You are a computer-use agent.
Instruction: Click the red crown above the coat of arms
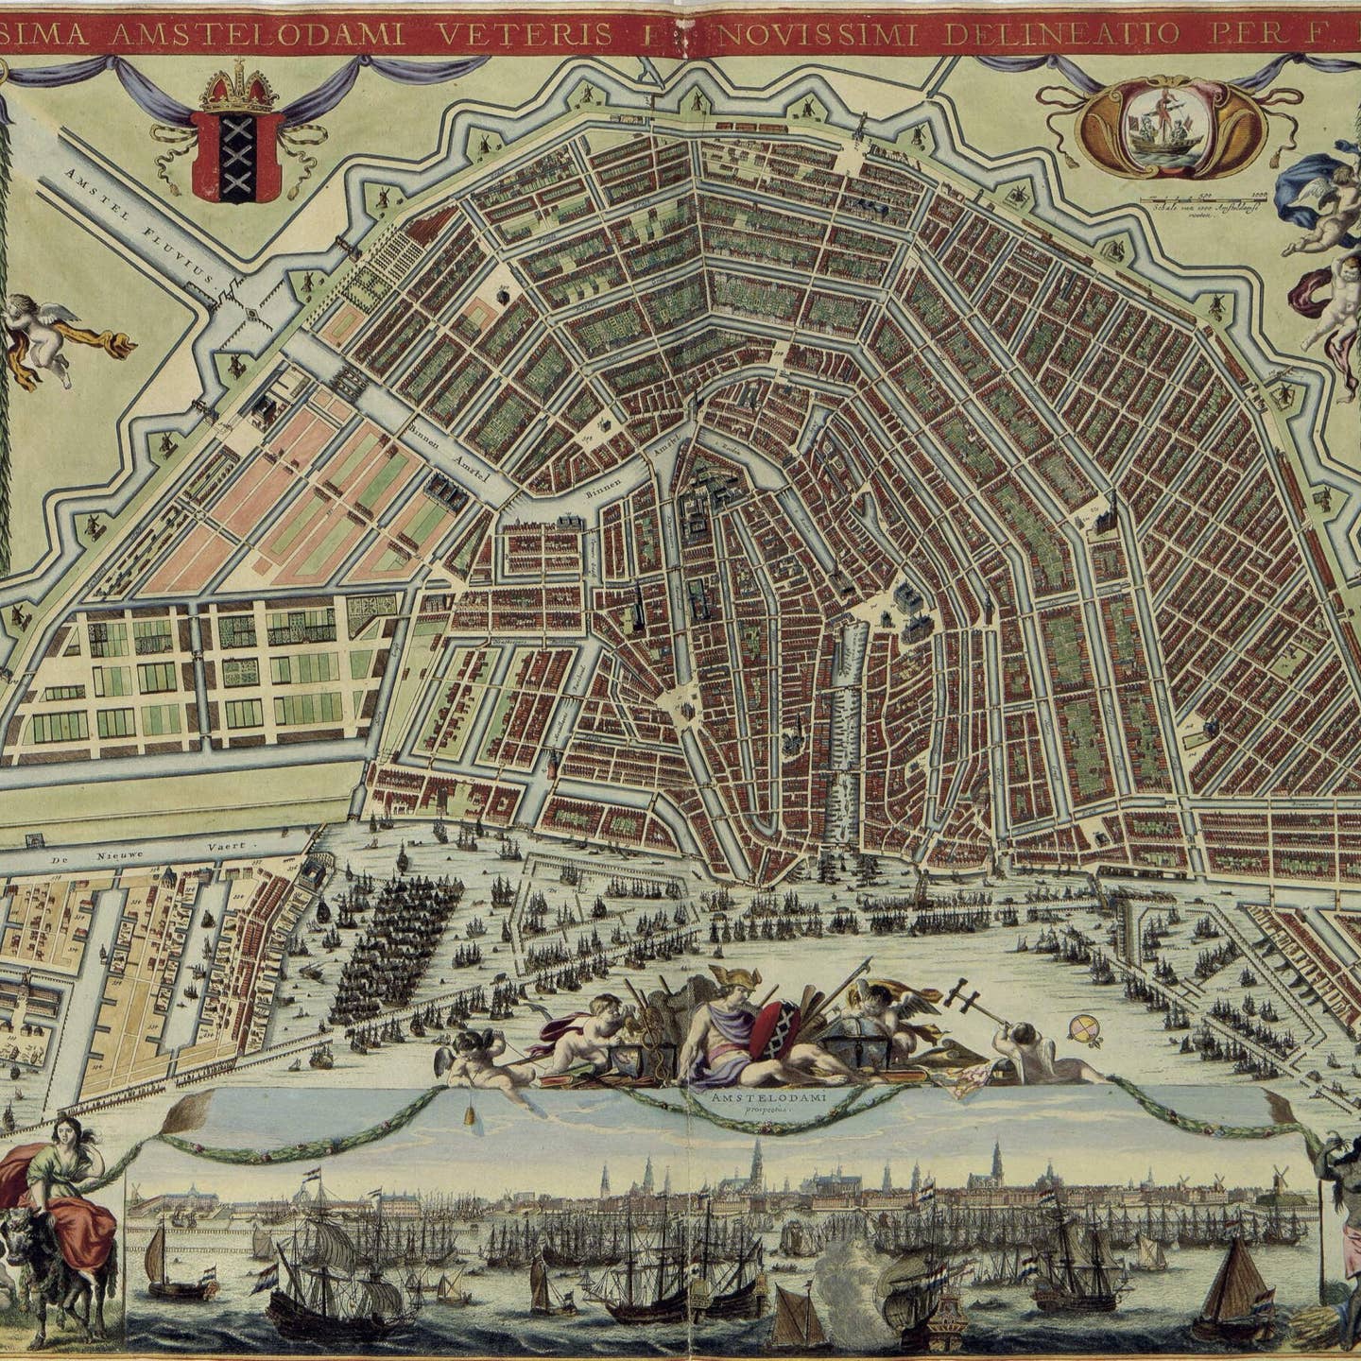coord(237,91)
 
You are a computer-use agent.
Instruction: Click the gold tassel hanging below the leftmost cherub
coord(468,1116)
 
